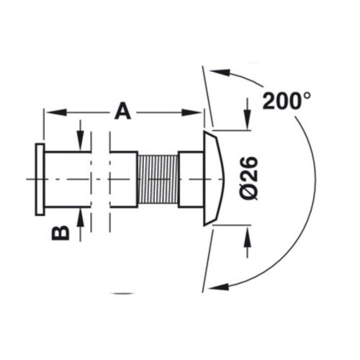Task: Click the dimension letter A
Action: point(123,112)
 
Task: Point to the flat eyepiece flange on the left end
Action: point(40,178)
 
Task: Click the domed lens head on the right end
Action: point(215,178)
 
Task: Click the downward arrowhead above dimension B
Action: point(81,145)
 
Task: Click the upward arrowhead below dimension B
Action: point(81,213)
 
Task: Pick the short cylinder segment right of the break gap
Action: point(122,179)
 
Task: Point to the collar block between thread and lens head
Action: point(190,178)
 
